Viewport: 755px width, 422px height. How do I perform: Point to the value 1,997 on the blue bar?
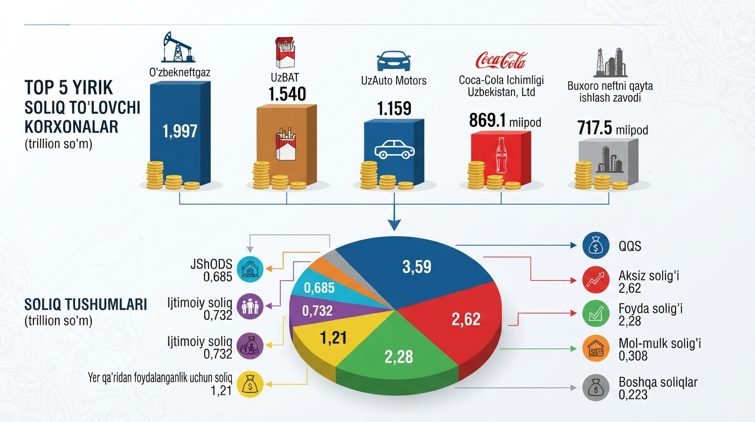[x=179, y=131]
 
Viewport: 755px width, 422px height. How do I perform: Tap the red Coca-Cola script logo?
[x=501, y=60]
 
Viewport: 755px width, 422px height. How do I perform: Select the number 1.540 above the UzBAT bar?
[x=287, y=94]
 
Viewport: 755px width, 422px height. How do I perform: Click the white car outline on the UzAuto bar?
[x=395, y=149]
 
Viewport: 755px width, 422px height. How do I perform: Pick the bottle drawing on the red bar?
[x=501, y=156]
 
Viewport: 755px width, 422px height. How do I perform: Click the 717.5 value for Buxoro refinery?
[x=594, y=128]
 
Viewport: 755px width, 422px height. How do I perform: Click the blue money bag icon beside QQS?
[x=595, y=246]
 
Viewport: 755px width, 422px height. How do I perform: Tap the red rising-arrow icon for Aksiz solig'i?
[x=595, y=280]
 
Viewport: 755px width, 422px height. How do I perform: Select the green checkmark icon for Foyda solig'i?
[x=595, y=314]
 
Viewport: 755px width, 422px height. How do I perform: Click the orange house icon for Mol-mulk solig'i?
[x=595, y=348]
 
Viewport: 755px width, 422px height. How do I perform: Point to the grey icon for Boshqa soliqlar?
[x=595, y=388]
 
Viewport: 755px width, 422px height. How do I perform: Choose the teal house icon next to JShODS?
[x=250, y=269]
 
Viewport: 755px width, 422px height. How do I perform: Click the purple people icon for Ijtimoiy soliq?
[x=250, y=307]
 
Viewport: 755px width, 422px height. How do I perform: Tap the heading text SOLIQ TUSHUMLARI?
[x=86, y=304]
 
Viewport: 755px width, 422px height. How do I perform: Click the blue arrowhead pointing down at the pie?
[x=395, y=225]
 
